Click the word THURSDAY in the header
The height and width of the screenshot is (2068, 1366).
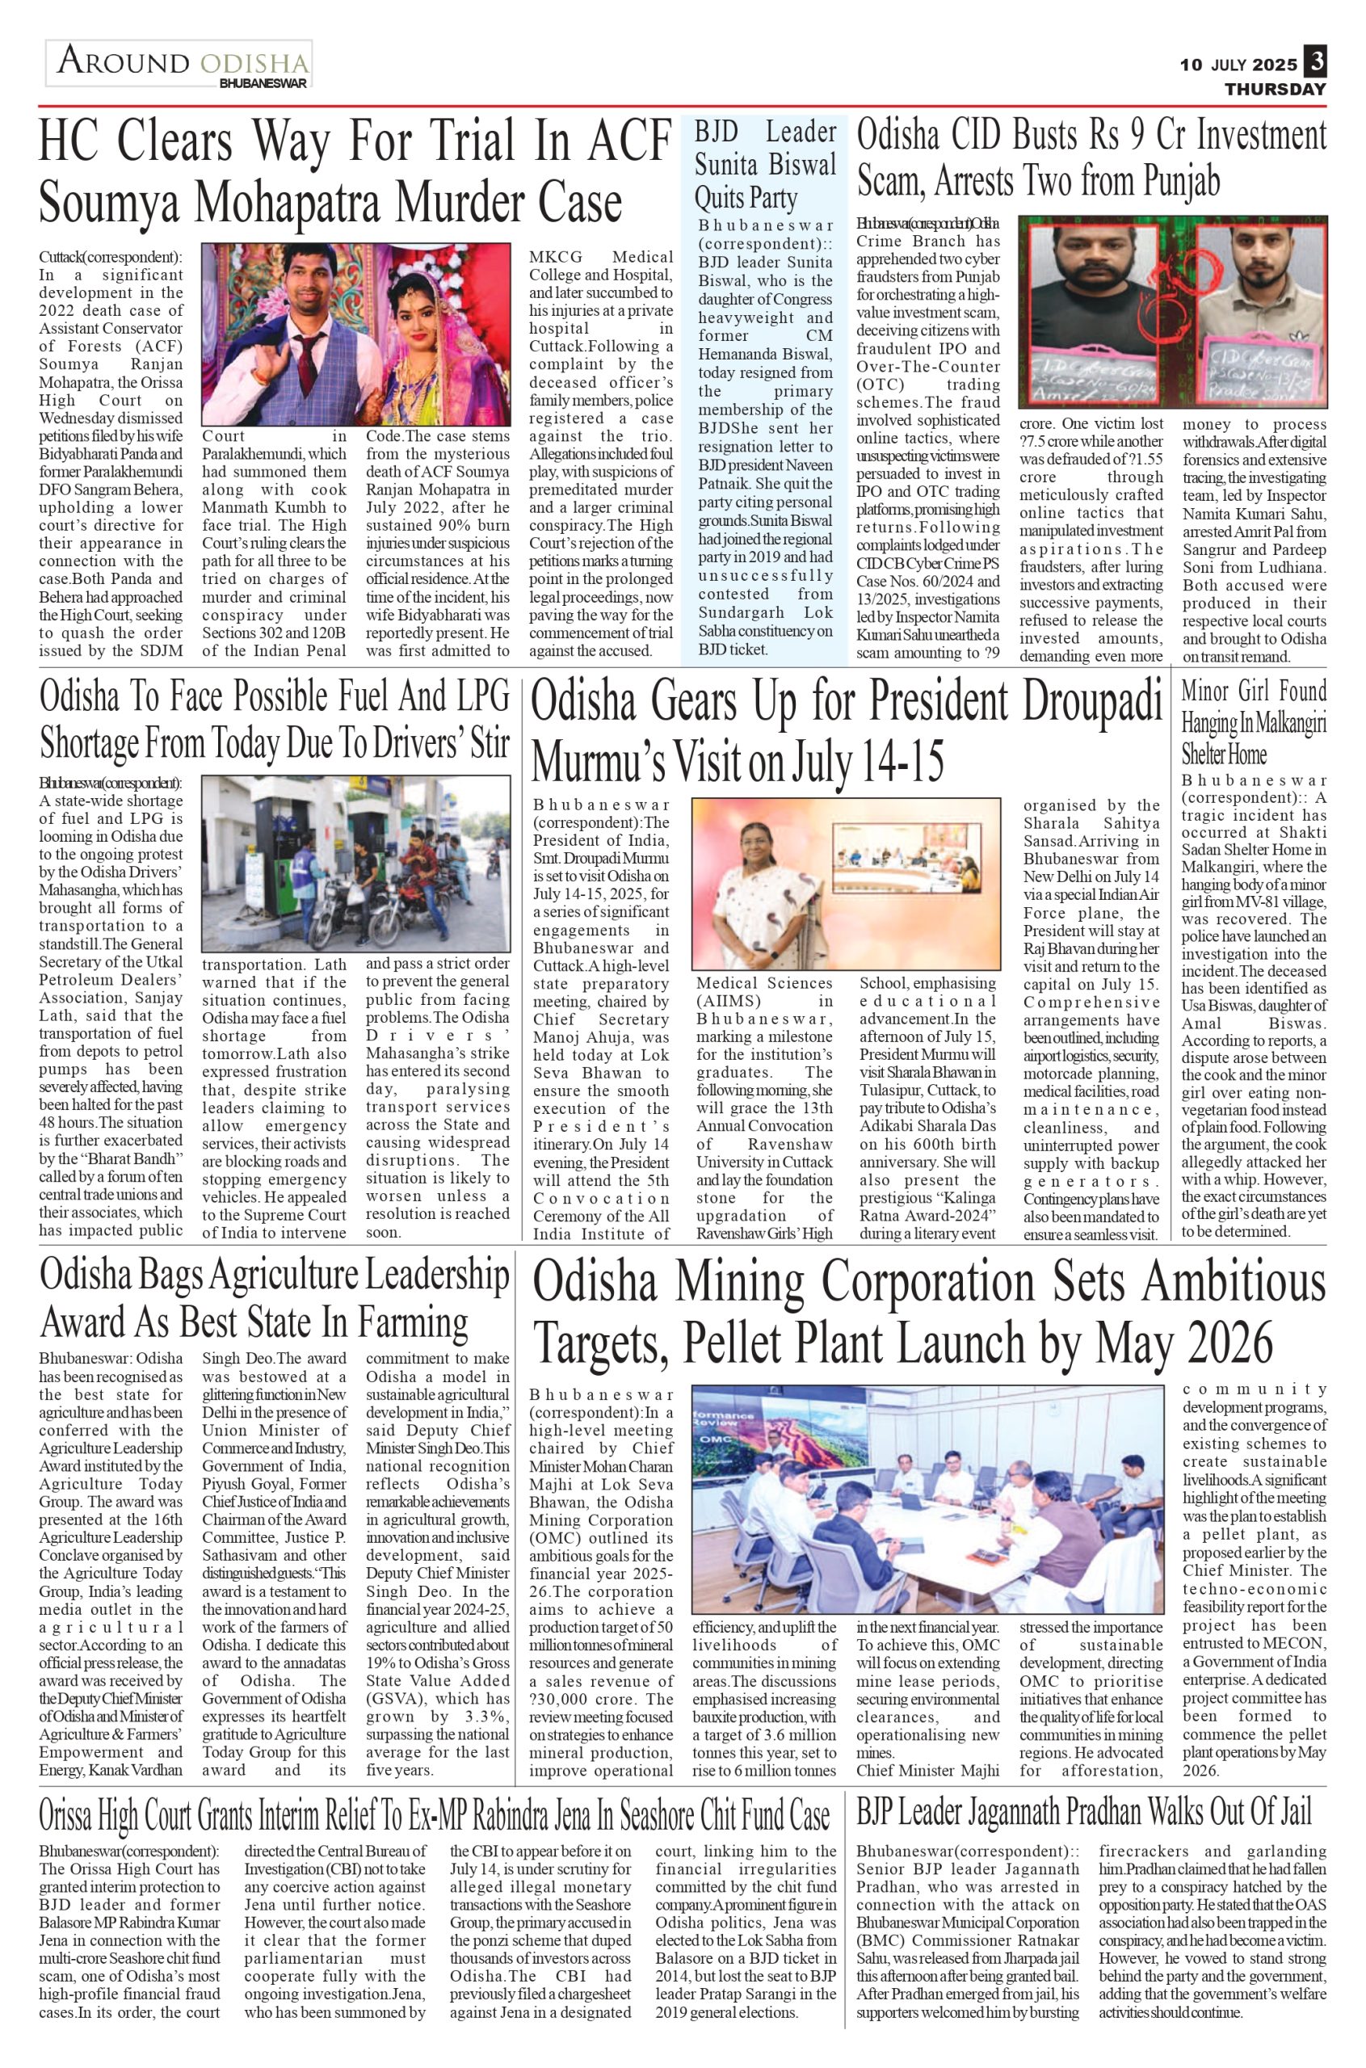(x=1275, y=89)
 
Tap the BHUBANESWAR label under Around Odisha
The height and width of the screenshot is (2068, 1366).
(x=264, y=85)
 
